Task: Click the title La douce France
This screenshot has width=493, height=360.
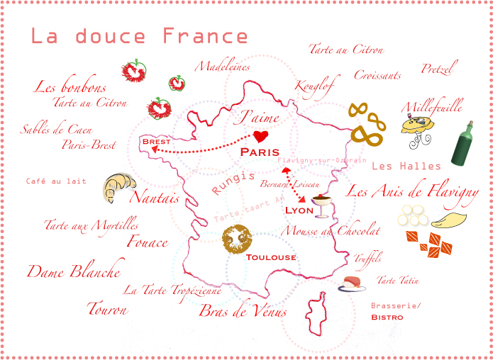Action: point(139,37)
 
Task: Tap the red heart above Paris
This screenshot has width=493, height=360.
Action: point(260,135)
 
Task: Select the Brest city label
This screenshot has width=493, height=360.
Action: point(156,142)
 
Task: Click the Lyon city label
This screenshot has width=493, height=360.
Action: point(299,210)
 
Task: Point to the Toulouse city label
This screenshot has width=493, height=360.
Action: point(271,257)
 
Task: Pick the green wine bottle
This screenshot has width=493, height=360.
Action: point(462,144)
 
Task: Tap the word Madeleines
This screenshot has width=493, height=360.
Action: point(223,67)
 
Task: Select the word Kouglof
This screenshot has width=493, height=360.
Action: point(314,84)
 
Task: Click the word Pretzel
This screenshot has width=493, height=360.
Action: point(439,69)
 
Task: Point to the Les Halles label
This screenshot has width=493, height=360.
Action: point(406,166)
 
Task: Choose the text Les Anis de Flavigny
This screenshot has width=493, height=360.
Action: point(412,191)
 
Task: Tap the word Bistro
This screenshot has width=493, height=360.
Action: point(387,317)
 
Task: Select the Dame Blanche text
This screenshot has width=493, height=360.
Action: point(74,271)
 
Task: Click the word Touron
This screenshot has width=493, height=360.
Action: point(107,309)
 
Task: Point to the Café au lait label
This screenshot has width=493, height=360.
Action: point(56,181)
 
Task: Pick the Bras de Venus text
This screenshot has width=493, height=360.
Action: point(243,310)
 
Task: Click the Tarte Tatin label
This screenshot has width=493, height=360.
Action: point(397,281)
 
